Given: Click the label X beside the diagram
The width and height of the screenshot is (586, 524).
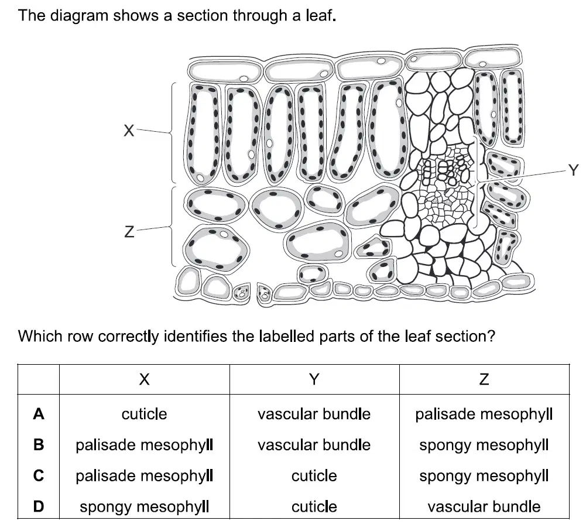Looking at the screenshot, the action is click(x=129, y=131).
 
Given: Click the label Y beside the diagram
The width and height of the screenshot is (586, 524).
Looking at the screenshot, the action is click(x=573, y=170).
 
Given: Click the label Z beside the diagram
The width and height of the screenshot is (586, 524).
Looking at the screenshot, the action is click(x=129, y=232).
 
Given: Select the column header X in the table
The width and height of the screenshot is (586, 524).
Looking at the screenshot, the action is click(x=144, y=379).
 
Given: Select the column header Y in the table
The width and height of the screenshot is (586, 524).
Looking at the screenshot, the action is click(x=314, y=379).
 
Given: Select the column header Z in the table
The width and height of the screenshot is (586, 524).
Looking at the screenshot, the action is click(x=484, y=379).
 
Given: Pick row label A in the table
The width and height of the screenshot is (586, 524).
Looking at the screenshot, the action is click(x=39, y=414).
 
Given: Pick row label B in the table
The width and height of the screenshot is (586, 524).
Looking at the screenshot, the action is click(x=39, y=445).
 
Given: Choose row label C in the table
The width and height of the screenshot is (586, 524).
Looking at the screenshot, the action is click(x=39, y=476).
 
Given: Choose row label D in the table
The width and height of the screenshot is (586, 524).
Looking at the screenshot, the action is click(x=39, y=506).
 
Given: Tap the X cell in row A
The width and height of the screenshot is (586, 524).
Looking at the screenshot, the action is click(x=144, y=414).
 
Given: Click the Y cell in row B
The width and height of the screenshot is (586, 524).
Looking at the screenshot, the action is click(x=314, y=445).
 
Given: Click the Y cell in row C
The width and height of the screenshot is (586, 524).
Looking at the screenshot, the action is click(x=314, y=476).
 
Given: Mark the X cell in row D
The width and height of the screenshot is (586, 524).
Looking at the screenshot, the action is click(x=144, y=507).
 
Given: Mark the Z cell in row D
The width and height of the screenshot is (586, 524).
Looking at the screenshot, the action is click(x=484, y=507).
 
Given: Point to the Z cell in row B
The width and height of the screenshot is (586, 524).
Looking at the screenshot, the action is click(x=484, y=446).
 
